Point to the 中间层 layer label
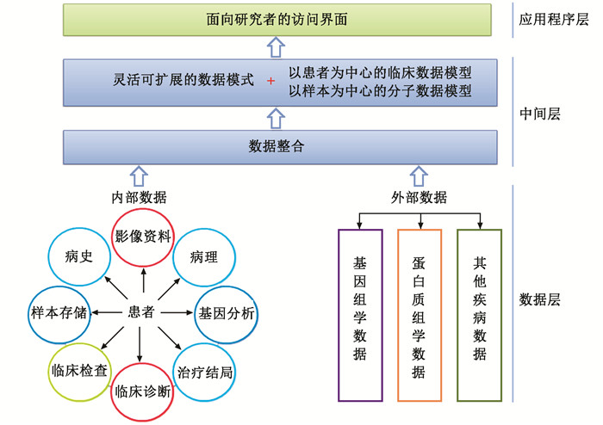pyautogui.click(x=541, y=113)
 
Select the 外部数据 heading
pyautogui.click(x=419, y=197)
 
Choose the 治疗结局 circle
pyautogui.click(x=205, y=372)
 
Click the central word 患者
pyautogui.click(x=141, y=312)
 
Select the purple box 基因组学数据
pyautogui.click(x=360, y=316)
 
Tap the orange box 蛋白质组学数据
pyautogui.click(x=420, y=316)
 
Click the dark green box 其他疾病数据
pyautogui.click(x=479, y=316)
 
